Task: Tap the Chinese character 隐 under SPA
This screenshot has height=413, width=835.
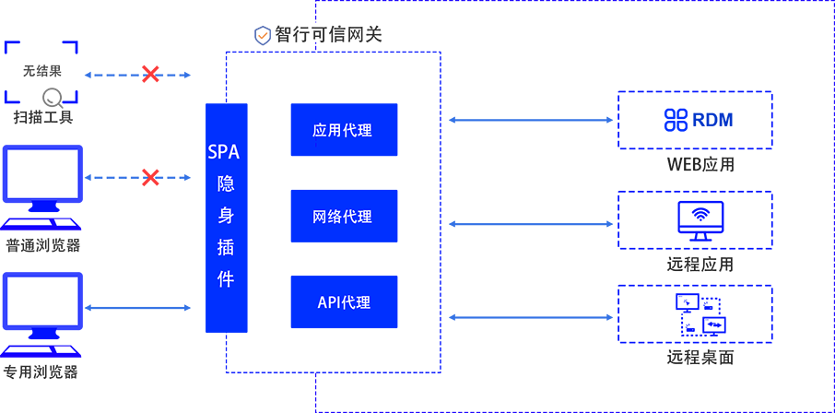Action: click(224, 183)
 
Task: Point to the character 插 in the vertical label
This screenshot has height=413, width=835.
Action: click(224, 248)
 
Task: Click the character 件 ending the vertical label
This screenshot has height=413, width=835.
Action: click(224, 280)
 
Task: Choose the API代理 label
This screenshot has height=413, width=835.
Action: click(344, 301)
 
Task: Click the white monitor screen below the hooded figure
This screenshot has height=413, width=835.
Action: click(42, 173)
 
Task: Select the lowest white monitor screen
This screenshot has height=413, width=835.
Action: click(42, 301)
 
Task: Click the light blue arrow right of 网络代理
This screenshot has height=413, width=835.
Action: click(525, 218)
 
